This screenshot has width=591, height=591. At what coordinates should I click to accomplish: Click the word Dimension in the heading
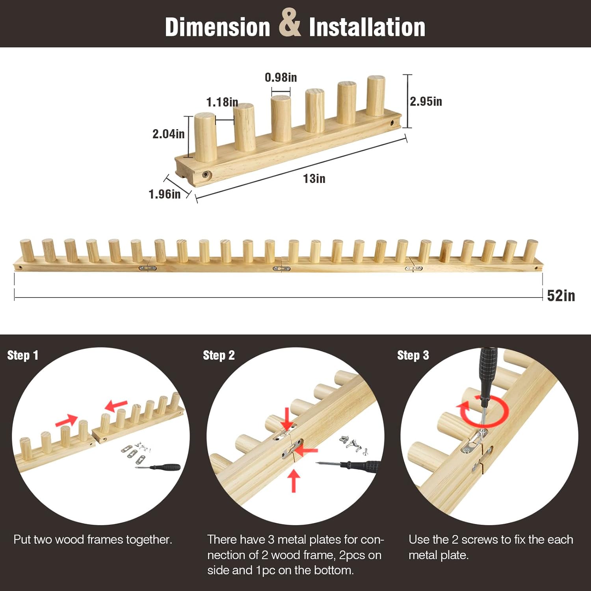217,27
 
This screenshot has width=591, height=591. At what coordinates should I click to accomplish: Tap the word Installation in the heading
367,27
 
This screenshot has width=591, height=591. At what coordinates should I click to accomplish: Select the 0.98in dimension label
281,77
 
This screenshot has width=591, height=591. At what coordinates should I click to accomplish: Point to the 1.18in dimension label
222,102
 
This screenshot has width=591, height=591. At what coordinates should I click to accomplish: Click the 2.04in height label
169,134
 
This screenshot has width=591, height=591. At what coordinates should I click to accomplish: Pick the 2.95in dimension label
426,101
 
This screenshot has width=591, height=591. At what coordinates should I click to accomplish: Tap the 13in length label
314,178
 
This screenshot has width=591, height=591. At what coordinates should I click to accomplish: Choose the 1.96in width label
165,194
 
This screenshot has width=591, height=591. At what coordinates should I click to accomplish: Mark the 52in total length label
561,295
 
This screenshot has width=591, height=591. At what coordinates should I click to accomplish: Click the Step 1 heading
23,355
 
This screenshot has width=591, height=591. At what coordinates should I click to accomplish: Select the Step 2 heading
219,355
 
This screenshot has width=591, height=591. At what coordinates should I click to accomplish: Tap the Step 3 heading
413,355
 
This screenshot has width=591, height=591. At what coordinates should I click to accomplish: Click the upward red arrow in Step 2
294,481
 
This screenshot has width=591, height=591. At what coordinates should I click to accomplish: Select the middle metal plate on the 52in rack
282,269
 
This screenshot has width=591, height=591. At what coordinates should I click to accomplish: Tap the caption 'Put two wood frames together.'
93,539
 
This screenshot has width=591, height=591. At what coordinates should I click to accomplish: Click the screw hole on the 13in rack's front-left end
206,175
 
